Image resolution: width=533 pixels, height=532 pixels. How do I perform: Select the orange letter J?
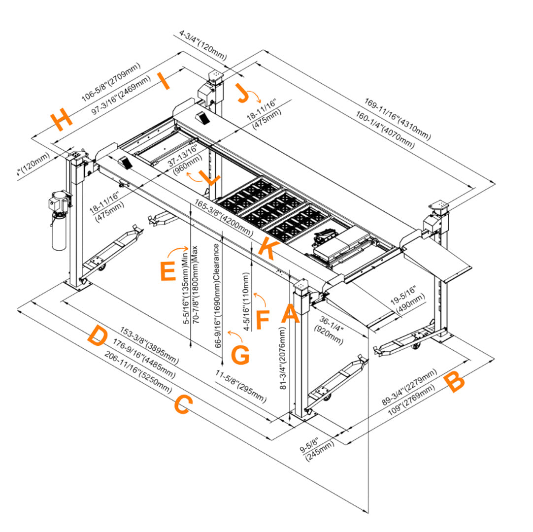pos(242,93)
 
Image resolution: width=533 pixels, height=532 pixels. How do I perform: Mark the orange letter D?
pos(97,336)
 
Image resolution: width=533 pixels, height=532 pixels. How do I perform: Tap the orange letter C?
pos(182,405)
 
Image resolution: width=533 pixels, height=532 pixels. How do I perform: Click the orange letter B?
pos(454,383)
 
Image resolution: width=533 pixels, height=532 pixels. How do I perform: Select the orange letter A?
pos(290,314)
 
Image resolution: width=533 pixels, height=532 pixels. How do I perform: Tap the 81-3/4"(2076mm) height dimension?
pos(283,360)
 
